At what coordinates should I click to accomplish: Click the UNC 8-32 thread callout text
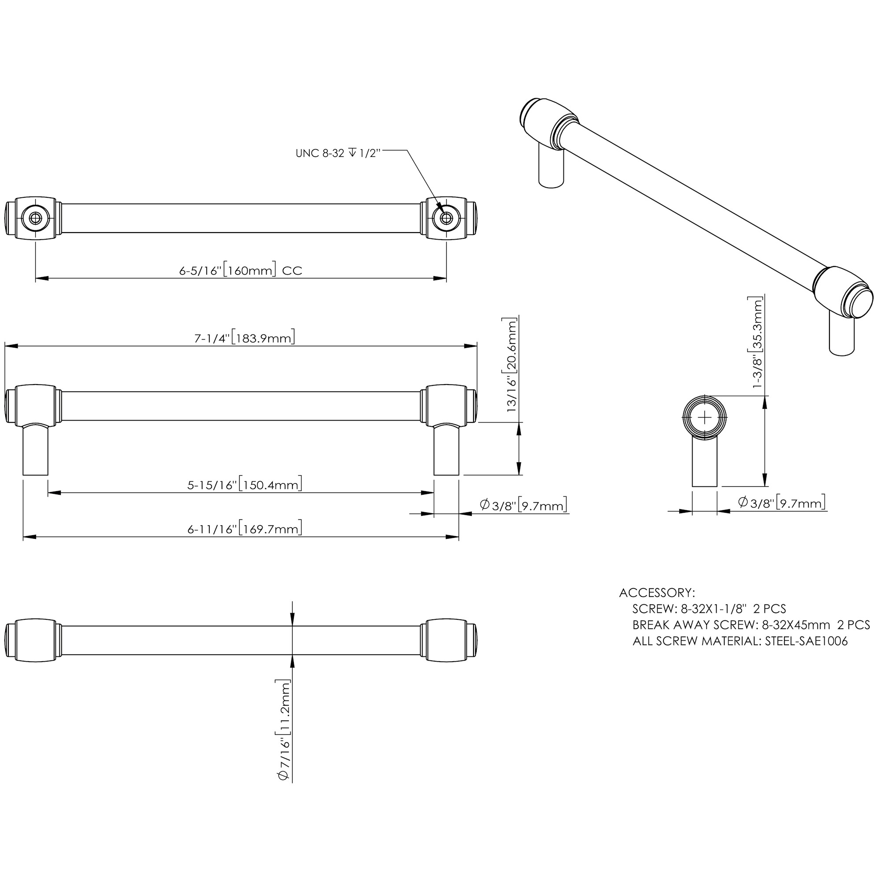coord(337,153)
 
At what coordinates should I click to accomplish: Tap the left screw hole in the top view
coord(35,218)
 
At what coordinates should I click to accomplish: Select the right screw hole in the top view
coord(445,218)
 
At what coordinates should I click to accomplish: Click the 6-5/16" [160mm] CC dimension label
coord(241,270)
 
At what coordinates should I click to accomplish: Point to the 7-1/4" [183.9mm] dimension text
coord(244,338)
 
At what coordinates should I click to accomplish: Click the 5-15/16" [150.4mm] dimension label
coord(244,484)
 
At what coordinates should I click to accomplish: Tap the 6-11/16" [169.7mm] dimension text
coord(244,529)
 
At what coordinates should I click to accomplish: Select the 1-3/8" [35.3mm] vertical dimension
coord(757,342)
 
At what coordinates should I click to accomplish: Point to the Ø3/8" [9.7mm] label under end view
coord(781,503)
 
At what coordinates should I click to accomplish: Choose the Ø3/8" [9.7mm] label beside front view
coord(523,505)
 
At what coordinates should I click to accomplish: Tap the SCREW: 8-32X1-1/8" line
coord(709,609)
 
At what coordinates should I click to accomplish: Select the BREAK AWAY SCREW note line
coord(751,625)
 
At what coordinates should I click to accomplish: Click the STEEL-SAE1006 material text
coord(806,641)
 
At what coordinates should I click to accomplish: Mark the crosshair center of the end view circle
coord(704,418)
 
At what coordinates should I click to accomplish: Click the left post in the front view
coord(35,450)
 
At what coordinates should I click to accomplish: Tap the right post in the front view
coord(446,450)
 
